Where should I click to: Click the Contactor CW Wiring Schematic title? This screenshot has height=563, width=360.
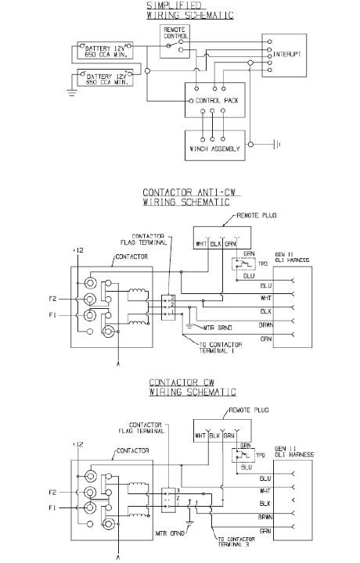[191, 387]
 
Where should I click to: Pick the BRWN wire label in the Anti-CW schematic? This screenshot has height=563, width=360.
[266, 324]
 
